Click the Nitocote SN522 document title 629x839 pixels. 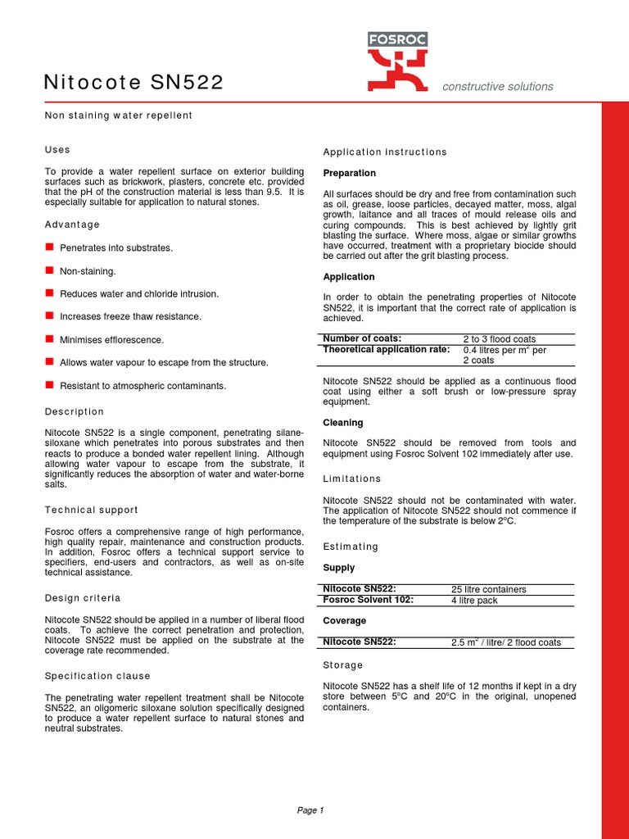(133, 83)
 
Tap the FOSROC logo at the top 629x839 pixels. (397, 61)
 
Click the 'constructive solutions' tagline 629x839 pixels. (497, 87)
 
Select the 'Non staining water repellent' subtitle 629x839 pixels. (118, 116)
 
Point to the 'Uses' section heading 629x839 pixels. (57, 150)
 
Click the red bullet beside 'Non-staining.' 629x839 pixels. (49, 270)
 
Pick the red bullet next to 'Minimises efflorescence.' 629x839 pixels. (49, 338)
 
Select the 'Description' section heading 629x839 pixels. (75, 411)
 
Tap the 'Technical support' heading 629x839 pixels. (91, 510)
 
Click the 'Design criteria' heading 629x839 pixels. (82, 598)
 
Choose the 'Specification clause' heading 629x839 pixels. (97, 676)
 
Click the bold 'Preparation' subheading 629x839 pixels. (350, 173)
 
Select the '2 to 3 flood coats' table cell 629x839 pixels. (500, 339)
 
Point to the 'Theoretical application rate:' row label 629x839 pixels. (387, 349)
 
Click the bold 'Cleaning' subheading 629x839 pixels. (343, 423)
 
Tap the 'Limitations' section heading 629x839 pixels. (352, 478)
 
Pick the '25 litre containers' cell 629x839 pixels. (489, 589)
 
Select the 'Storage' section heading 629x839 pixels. (343, 665)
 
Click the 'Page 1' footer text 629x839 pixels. (310, 810)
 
